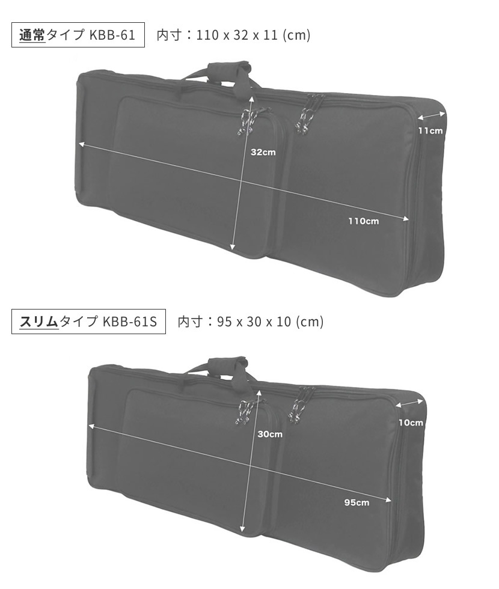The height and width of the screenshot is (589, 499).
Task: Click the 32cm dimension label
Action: coord(263,152)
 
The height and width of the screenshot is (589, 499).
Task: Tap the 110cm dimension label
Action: coord(363,221)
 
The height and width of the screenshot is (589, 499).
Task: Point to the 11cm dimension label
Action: coord(430,131)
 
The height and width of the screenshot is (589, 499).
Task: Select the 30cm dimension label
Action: coord(270,434)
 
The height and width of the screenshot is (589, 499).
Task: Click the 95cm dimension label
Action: coord(357,502)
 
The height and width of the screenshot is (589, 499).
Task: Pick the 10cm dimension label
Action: coord(411,423)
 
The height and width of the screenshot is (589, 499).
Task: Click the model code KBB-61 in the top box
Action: coord(112,35)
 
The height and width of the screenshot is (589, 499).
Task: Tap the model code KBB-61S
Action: coord(129,322)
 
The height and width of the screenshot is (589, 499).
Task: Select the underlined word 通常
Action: coord(32,35)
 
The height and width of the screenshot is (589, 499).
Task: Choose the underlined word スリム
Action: coord(39,322)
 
